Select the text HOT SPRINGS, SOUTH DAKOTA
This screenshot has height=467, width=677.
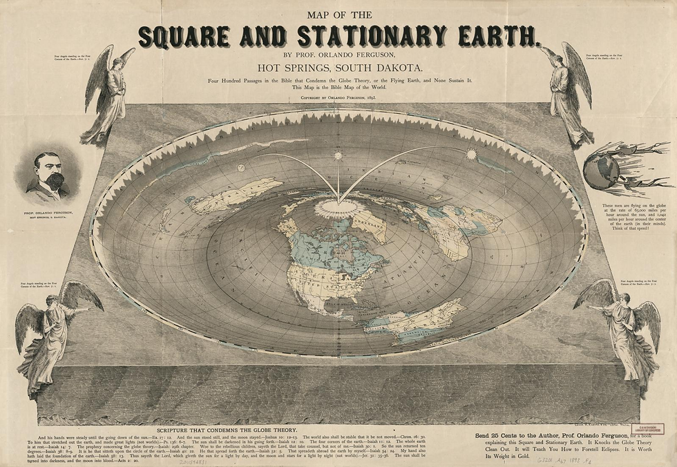coord(338,68)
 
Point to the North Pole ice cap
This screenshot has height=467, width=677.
coord(338,207)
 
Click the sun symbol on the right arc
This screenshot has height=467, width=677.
coord(472,154)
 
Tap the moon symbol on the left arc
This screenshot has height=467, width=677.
coord(241,167)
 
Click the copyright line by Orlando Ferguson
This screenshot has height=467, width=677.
coord(338,98)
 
